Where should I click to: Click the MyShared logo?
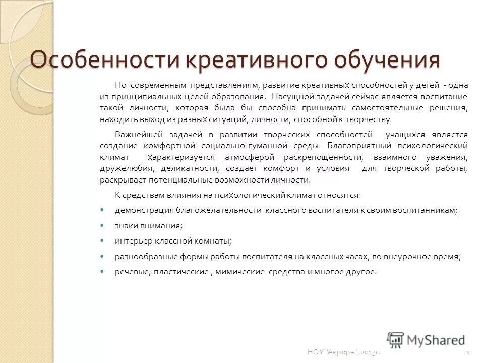427,340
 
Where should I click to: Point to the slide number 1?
469,352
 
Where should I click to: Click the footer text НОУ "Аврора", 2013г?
343,352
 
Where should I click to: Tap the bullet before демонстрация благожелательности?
103,210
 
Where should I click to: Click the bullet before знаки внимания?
103,226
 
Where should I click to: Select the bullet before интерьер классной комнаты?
103,241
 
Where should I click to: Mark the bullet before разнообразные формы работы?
103,256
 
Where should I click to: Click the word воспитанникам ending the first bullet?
429,210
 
